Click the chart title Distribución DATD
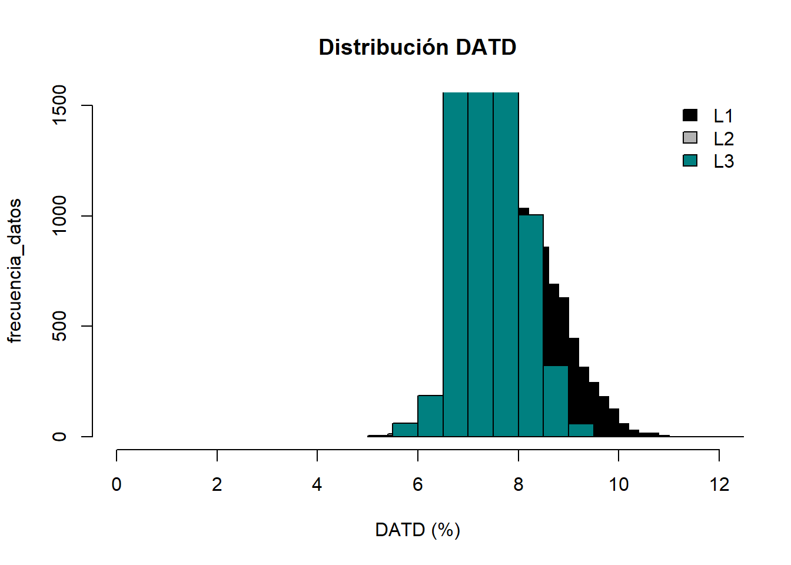tap(417, 47)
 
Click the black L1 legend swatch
tap(690, 115)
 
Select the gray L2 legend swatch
tap(690, 138)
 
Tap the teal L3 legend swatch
tap(690, 160)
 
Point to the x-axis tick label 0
tap(117, 484)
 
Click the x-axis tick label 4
tap(317, 484)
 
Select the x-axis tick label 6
tap(418, 484)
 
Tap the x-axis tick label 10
tap(619, 484)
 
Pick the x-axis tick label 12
tap(719, 484)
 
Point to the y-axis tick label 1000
tap(59, 215)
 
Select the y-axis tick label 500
tap(59, 326)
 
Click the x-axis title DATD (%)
tap(417, 530)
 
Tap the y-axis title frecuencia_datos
tap(15, 271)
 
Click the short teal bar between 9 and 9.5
tap(581, 430)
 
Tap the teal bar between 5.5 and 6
tap(405, 430)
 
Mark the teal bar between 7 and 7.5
tap(480, 265)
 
